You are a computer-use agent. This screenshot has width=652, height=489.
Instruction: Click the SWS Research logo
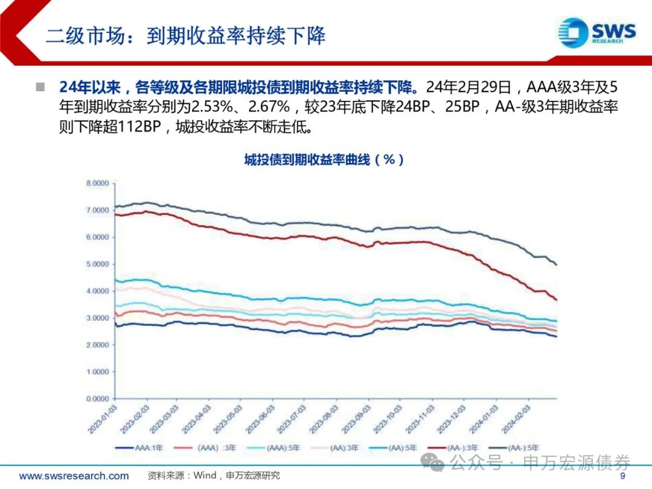(x=597, y=31)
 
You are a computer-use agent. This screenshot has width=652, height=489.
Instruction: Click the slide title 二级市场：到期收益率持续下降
(x=186, y=36)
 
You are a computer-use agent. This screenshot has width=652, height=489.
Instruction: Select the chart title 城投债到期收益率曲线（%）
(x=324, y=160)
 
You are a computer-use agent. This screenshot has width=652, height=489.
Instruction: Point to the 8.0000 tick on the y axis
(x=97, y=183)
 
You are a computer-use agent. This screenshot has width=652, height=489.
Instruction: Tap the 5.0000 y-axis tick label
(x=97, y=264)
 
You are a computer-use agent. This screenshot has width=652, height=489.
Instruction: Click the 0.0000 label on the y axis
(x=97, y=399)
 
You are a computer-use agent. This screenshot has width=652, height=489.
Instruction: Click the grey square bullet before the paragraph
(x=40, y=87)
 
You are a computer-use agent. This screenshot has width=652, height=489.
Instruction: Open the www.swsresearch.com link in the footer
(x=74, y=476)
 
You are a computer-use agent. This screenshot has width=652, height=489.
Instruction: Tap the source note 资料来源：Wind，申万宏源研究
(x=214, y=476)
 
